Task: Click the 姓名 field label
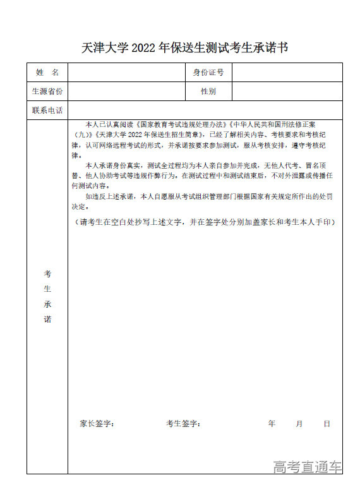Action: [x=47, y=73]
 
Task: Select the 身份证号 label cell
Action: [x=208, y=73]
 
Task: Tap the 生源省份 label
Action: [x=47, y=92]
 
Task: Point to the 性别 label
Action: [x=208, y=92]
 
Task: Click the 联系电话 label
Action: [x=47, y=111]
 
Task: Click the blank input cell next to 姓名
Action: [x=126, y=73]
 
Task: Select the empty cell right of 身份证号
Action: [x=287, y=73]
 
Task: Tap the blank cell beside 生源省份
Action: [x=126, y=92]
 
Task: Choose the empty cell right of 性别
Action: [x=287, y=92]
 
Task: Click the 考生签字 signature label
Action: [x=183, y=424]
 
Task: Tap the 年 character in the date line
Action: [x=272, y=424]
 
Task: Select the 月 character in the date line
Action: [x=299, y=424]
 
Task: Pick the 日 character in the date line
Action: [x=327, y=424]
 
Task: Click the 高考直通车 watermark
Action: [x=308, y=467]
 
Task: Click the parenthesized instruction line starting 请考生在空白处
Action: [x=203, y=222]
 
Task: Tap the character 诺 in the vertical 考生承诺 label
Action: [x=47, y=320]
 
